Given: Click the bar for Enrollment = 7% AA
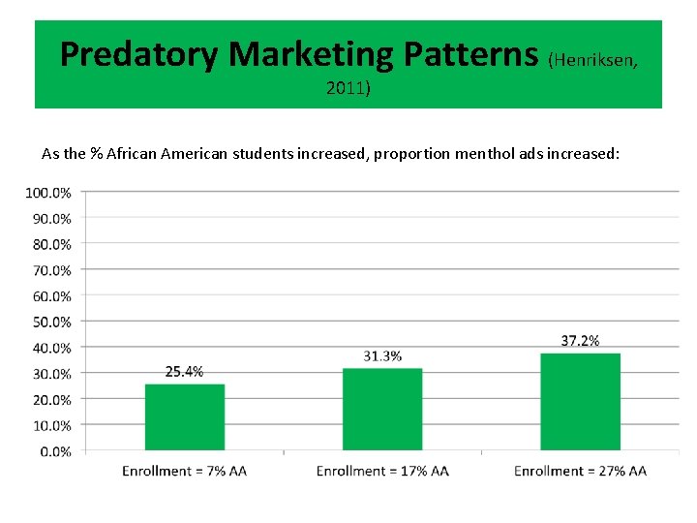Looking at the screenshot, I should click(x=185, y=417).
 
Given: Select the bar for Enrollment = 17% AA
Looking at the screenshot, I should click(x=382, y=410).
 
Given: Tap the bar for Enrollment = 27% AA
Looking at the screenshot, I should click(x=580, y=402).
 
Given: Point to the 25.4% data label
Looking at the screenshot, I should click(x=185, y=371).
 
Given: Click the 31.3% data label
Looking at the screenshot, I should click(x=382, y=355).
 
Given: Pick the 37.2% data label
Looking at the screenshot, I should click(x=580, y=340).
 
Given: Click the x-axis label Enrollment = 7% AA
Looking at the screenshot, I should click(x=185, y=472).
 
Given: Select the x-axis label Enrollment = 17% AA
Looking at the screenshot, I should click(x=382, y=472).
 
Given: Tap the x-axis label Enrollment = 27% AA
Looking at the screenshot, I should click(x=580, y=472).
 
